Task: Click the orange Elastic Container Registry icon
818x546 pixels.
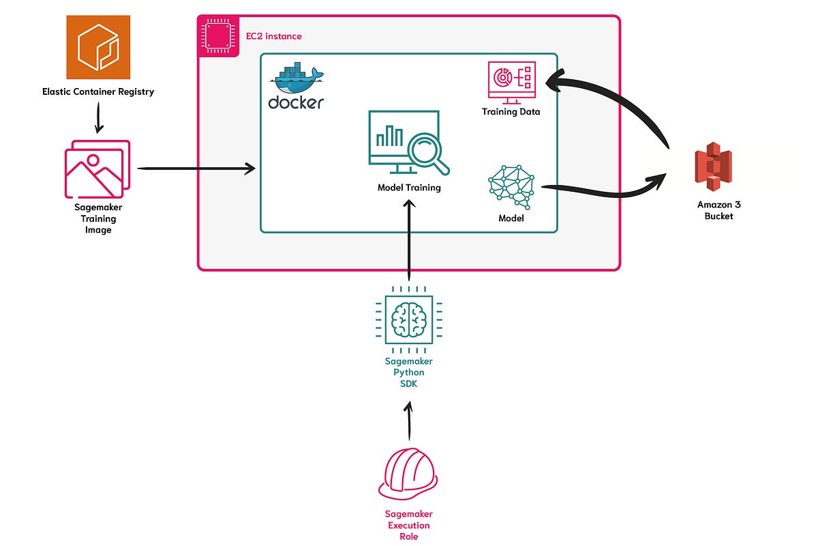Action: click(x=98, y=46)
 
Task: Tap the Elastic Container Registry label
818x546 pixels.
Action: click(x=98, y=91)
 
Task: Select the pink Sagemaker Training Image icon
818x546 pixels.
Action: click(x=97, y=169)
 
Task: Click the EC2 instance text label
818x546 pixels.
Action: click(x=273, y=35)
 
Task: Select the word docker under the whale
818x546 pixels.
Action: click(x=296, y=103)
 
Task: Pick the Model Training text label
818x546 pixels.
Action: click(x=409, y=188)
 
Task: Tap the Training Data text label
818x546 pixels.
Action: click(x=511, y=111)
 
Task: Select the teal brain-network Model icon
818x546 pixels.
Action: click(x=511, y=186)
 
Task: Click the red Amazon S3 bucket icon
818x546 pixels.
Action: click(x=713, y=168)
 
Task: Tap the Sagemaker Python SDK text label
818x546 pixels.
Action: click(x=409, y=372)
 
